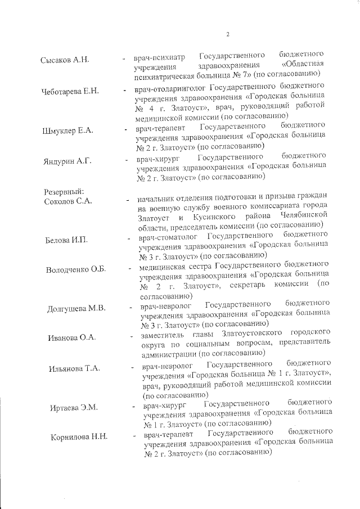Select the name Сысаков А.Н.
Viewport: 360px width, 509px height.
pyautogui.click(x=65, y=60)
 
